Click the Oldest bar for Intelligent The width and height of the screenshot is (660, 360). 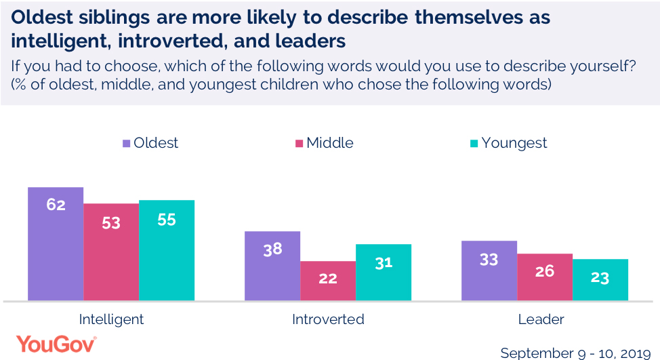56,243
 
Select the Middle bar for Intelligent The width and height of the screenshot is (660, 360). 111,252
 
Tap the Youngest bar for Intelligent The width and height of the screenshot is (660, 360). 167,250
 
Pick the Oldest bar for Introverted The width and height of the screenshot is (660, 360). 272,266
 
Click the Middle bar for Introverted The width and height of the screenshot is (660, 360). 328,281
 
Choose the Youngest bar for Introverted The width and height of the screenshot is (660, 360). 384,272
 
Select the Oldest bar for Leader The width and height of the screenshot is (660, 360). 489,271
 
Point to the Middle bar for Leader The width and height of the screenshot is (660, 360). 545,277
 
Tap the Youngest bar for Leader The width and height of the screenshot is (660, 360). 600,279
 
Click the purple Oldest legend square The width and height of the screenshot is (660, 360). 126,143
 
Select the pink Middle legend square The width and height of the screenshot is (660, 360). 299,143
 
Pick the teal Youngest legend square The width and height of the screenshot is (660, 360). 474,143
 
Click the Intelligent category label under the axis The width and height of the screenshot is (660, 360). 111,319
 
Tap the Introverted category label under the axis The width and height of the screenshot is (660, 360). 328,319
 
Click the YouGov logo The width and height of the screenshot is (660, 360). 56,344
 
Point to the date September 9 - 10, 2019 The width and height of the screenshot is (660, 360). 575,352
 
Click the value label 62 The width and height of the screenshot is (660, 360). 56,204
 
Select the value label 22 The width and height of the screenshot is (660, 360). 328,278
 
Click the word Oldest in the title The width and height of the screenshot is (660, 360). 39,17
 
